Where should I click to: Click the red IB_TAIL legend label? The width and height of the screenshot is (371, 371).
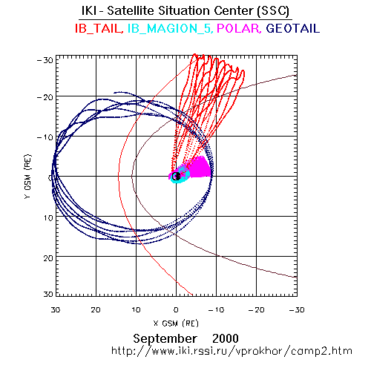click(x=99, y=28)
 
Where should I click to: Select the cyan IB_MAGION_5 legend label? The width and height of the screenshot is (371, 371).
click(x=170, y=28)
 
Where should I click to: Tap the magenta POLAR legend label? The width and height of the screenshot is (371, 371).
click(x=239, y=28)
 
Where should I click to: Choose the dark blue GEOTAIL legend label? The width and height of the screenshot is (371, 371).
click(x=292, y=28)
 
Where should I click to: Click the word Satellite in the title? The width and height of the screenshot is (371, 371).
click(x=131, y=11)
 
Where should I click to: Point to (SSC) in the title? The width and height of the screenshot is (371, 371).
click(x=272, y=11)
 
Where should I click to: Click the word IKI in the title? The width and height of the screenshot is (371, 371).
click(x=89, y=11)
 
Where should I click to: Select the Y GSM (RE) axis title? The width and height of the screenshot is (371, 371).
click(x=27, y=177)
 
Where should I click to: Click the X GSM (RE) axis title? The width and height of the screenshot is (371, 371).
click(x=176, y=323)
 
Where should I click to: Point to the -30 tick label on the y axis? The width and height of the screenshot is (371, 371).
click(x=45, y=60)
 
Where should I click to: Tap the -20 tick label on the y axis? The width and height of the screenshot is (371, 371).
click(x=45, y=97)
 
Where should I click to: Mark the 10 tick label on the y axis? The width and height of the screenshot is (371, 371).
click(x=48, y=218)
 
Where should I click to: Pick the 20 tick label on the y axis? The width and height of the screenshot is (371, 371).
click(x=48, y=258)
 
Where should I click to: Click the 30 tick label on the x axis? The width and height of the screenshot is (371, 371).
click(x=56, y=309)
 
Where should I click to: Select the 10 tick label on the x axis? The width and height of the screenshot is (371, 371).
click(x=136, y=309)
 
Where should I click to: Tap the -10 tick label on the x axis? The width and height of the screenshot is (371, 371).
click(x=216, y=309)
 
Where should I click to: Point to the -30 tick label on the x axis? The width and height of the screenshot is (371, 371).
click(x=297, y=309)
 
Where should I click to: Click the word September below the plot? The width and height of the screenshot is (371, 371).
click(x=165, y=338)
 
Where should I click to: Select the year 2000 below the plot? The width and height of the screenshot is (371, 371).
click(x=226, y=338)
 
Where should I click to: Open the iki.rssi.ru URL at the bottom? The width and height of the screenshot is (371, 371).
click(x=232, y=351)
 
